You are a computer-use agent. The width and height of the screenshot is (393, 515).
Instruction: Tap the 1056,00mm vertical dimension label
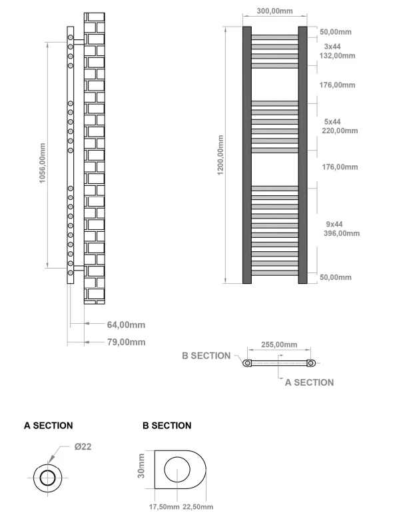[x=43, y=163]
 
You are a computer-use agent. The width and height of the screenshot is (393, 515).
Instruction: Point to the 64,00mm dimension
[x=126, y=325]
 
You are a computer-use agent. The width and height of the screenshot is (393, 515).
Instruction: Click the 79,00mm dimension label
[x=126, y=342]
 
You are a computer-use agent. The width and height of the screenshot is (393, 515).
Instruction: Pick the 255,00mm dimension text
[x=278, y=345]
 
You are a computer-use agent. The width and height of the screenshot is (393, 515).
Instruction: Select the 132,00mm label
[x=339, y=56]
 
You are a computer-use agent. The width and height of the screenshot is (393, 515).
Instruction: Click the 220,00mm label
[x=339, y=131]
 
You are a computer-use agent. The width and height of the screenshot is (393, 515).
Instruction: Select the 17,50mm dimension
[x=163, y=507]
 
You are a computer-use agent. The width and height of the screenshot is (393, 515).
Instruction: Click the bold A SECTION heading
[x=48, y=425]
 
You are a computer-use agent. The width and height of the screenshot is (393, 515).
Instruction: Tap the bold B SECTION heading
[x=167, y=425]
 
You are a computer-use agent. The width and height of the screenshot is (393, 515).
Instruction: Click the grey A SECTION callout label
[x=309, y=382]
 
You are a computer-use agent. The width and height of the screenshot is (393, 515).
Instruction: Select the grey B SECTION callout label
[x=206, y=356]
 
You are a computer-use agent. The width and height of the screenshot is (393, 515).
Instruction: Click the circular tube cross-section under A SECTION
[x=48, y=478]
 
